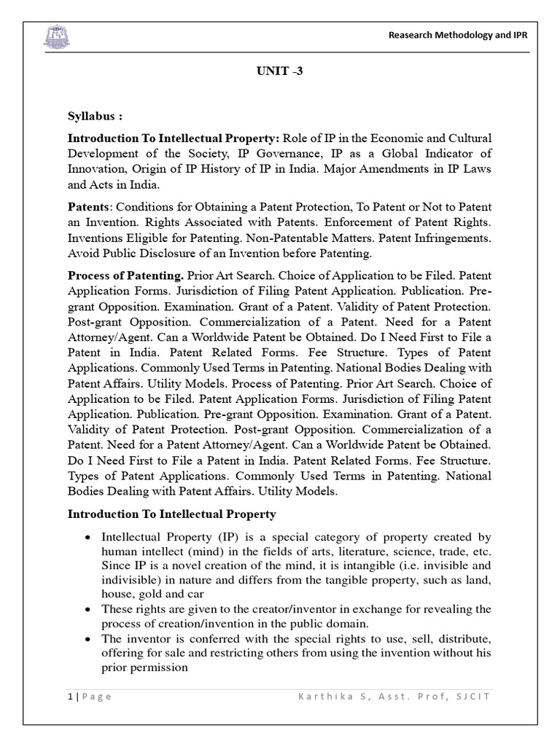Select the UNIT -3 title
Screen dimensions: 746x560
point(280,72)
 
